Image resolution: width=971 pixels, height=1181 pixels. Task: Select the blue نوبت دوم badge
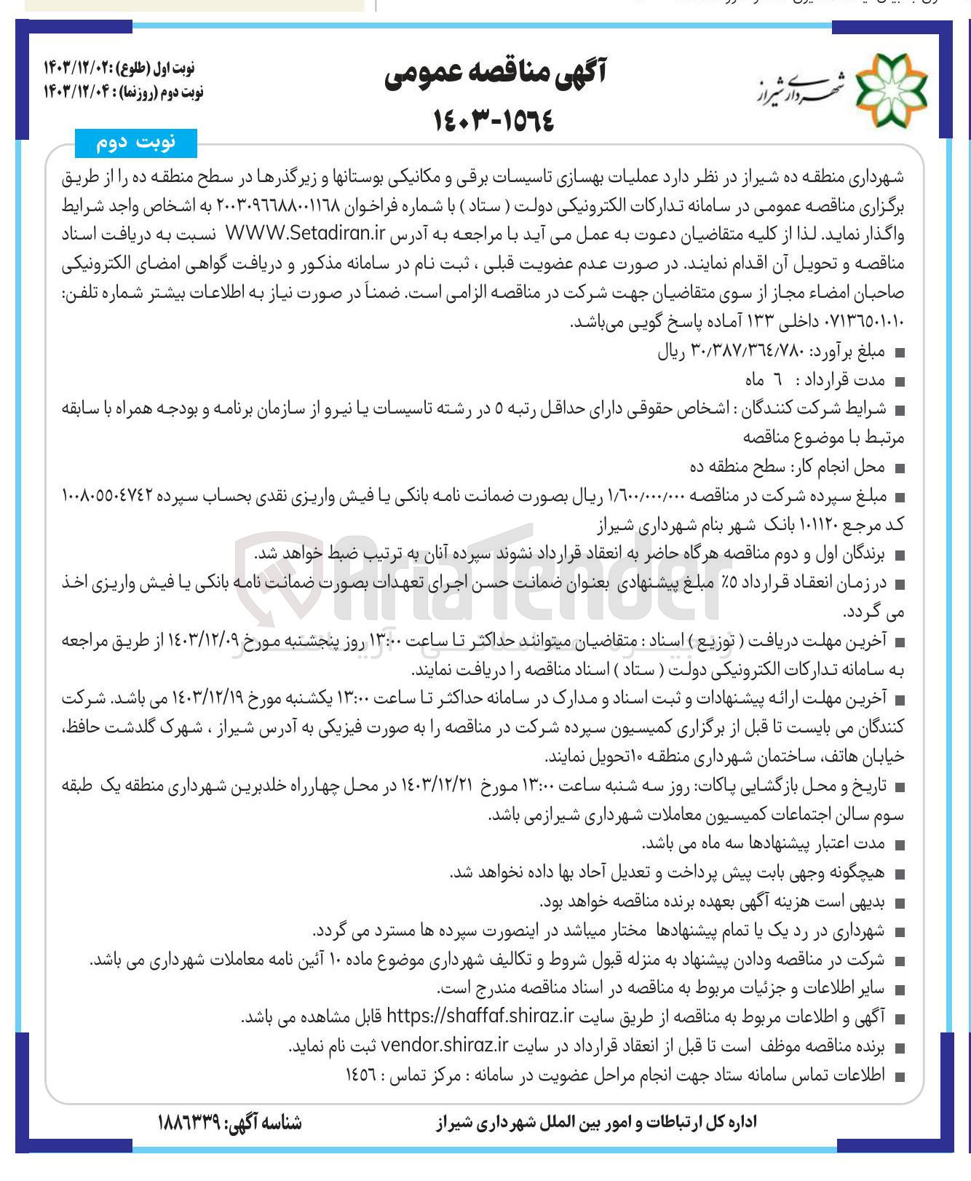[x=136, y=143]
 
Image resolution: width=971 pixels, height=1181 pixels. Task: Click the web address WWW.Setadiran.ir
[x=305, y=234]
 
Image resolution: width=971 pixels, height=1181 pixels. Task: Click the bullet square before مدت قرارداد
[x=900, y=382]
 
